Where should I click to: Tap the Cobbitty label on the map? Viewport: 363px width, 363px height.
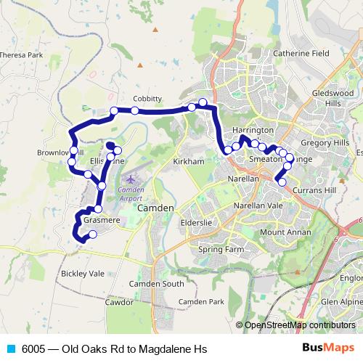coord(147,99)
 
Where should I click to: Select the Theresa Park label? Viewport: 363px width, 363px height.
coord(21,55)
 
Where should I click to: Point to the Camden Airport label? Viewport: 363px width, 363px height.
coord(130,193)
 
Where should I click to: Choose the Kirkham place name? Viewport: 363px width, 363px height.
coord(189,161)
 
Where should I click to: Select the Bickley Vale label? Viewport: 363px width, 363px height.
coord(83,274)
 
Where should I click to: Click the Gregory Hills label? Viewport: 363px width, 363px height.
coord(325,143)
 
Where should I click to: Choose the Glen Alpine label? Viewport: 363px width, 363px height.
coord(341,301)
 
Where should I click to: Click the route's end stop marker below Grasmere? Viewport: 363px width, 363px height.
coord(92,234)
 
